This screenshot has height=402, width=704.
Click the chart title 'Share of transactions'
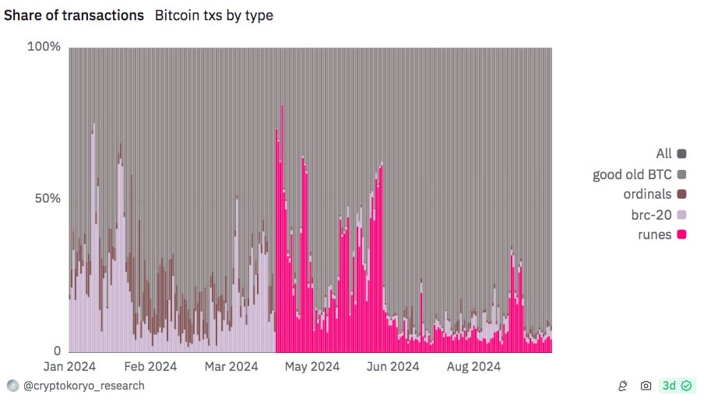(x=74, y=15)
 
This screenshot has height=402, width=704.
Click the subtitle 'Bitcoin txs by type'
(x=214, y=15)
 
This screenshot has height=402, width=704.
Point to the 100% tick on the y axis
(x=44, y=47)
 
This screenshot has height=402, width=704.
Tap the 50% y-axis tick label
(x=48, y=199)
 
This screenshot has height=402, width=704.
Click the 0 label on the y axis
(x=56, y=351)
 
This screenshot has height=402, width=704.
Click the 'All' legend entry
(x=664, y=153)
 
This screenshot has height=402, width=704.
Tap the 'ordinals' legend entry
(x=648, y=194)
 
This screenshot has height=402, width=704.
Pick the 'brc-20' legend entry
(x=652, y=214)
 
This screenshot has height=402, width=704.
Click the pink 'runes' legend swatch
(x=681, y=235)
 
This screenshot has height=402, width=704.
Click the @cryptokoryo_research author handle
(x=83, y=386)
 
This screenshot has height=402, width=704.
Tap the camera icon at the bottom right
(x=646, y=386)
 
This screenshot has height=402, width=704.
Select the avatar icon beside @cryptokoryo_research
(x=12, y=386)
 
